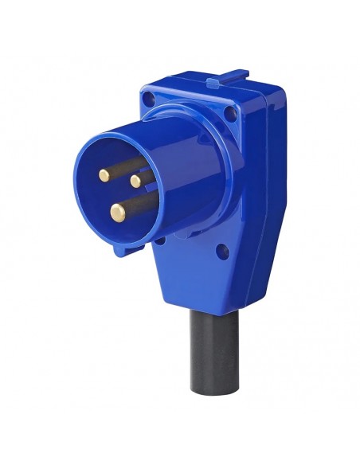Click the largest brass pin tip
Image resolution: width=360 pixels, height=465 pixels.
118,210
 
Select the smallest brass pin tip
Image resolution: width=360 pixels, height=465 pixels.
136,181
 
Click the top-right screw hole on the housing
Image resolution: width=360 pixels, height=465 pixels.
230,112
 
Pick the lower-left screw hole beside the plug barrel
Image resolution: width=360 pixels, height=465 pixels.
122,248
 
